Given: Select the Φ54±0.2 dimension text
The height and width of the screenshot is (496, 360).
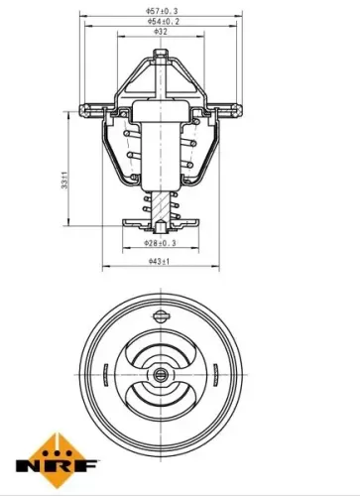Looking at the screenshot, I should [162, 20].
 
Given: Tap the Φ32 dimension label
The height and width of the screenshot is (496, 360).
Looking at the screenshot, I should [161, 32].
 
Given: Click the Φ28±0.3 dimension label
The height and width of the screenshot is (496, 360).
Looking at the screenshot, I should [160, 242].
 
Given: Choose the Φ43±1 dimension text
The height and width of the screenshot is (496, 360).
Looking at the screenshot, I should [160, 262].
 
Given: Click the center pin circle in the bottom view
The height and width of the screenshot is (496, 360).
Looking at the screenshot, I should [162, 376].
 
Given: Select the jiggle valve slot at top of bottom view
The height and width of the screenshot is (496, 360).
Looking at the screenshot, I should [162, 315].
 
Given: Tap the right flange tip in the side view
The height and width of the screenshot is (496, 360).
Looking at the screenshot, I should [243, 104].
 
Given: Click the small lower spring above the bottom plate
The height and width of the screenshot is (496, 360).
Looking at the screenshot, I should [150, 206].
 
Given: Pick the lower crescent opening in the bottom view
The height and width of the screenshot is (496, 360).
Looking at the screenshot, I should [162, 405].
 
